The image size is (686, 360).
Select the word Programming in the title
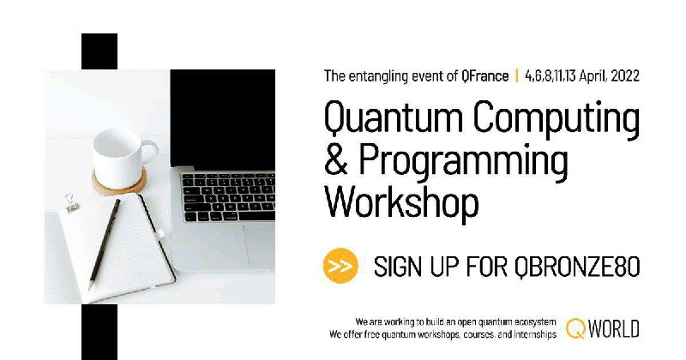463,162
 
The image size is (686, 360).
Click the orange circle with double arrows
340,266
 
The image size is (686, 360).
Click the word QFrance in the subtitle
484,76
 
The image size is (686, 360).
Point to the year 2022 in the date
625,76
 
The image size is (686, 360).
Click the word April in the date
593,76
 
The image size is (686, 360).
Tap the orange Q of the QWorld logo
575,328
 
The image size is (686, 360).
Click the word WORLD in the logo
613,329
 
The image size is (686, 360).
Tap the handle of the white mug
152,153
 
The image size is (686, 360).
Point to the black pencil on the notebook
104,244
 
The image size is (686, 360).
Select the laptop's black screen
223,117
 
